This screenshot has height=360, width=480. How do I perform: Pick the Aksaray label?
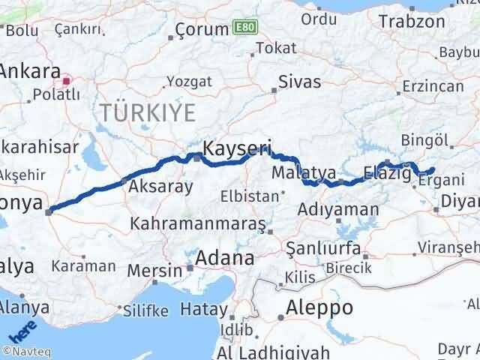(x=161, y=187)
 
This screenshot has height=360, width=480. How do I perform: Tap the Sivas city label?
(x=299, y=82)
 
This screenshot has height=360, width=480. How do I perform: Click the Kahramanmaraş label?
(x=198, y=223)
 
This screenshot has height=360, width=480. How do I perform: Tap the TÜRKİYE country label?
(x=148, y=113)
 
